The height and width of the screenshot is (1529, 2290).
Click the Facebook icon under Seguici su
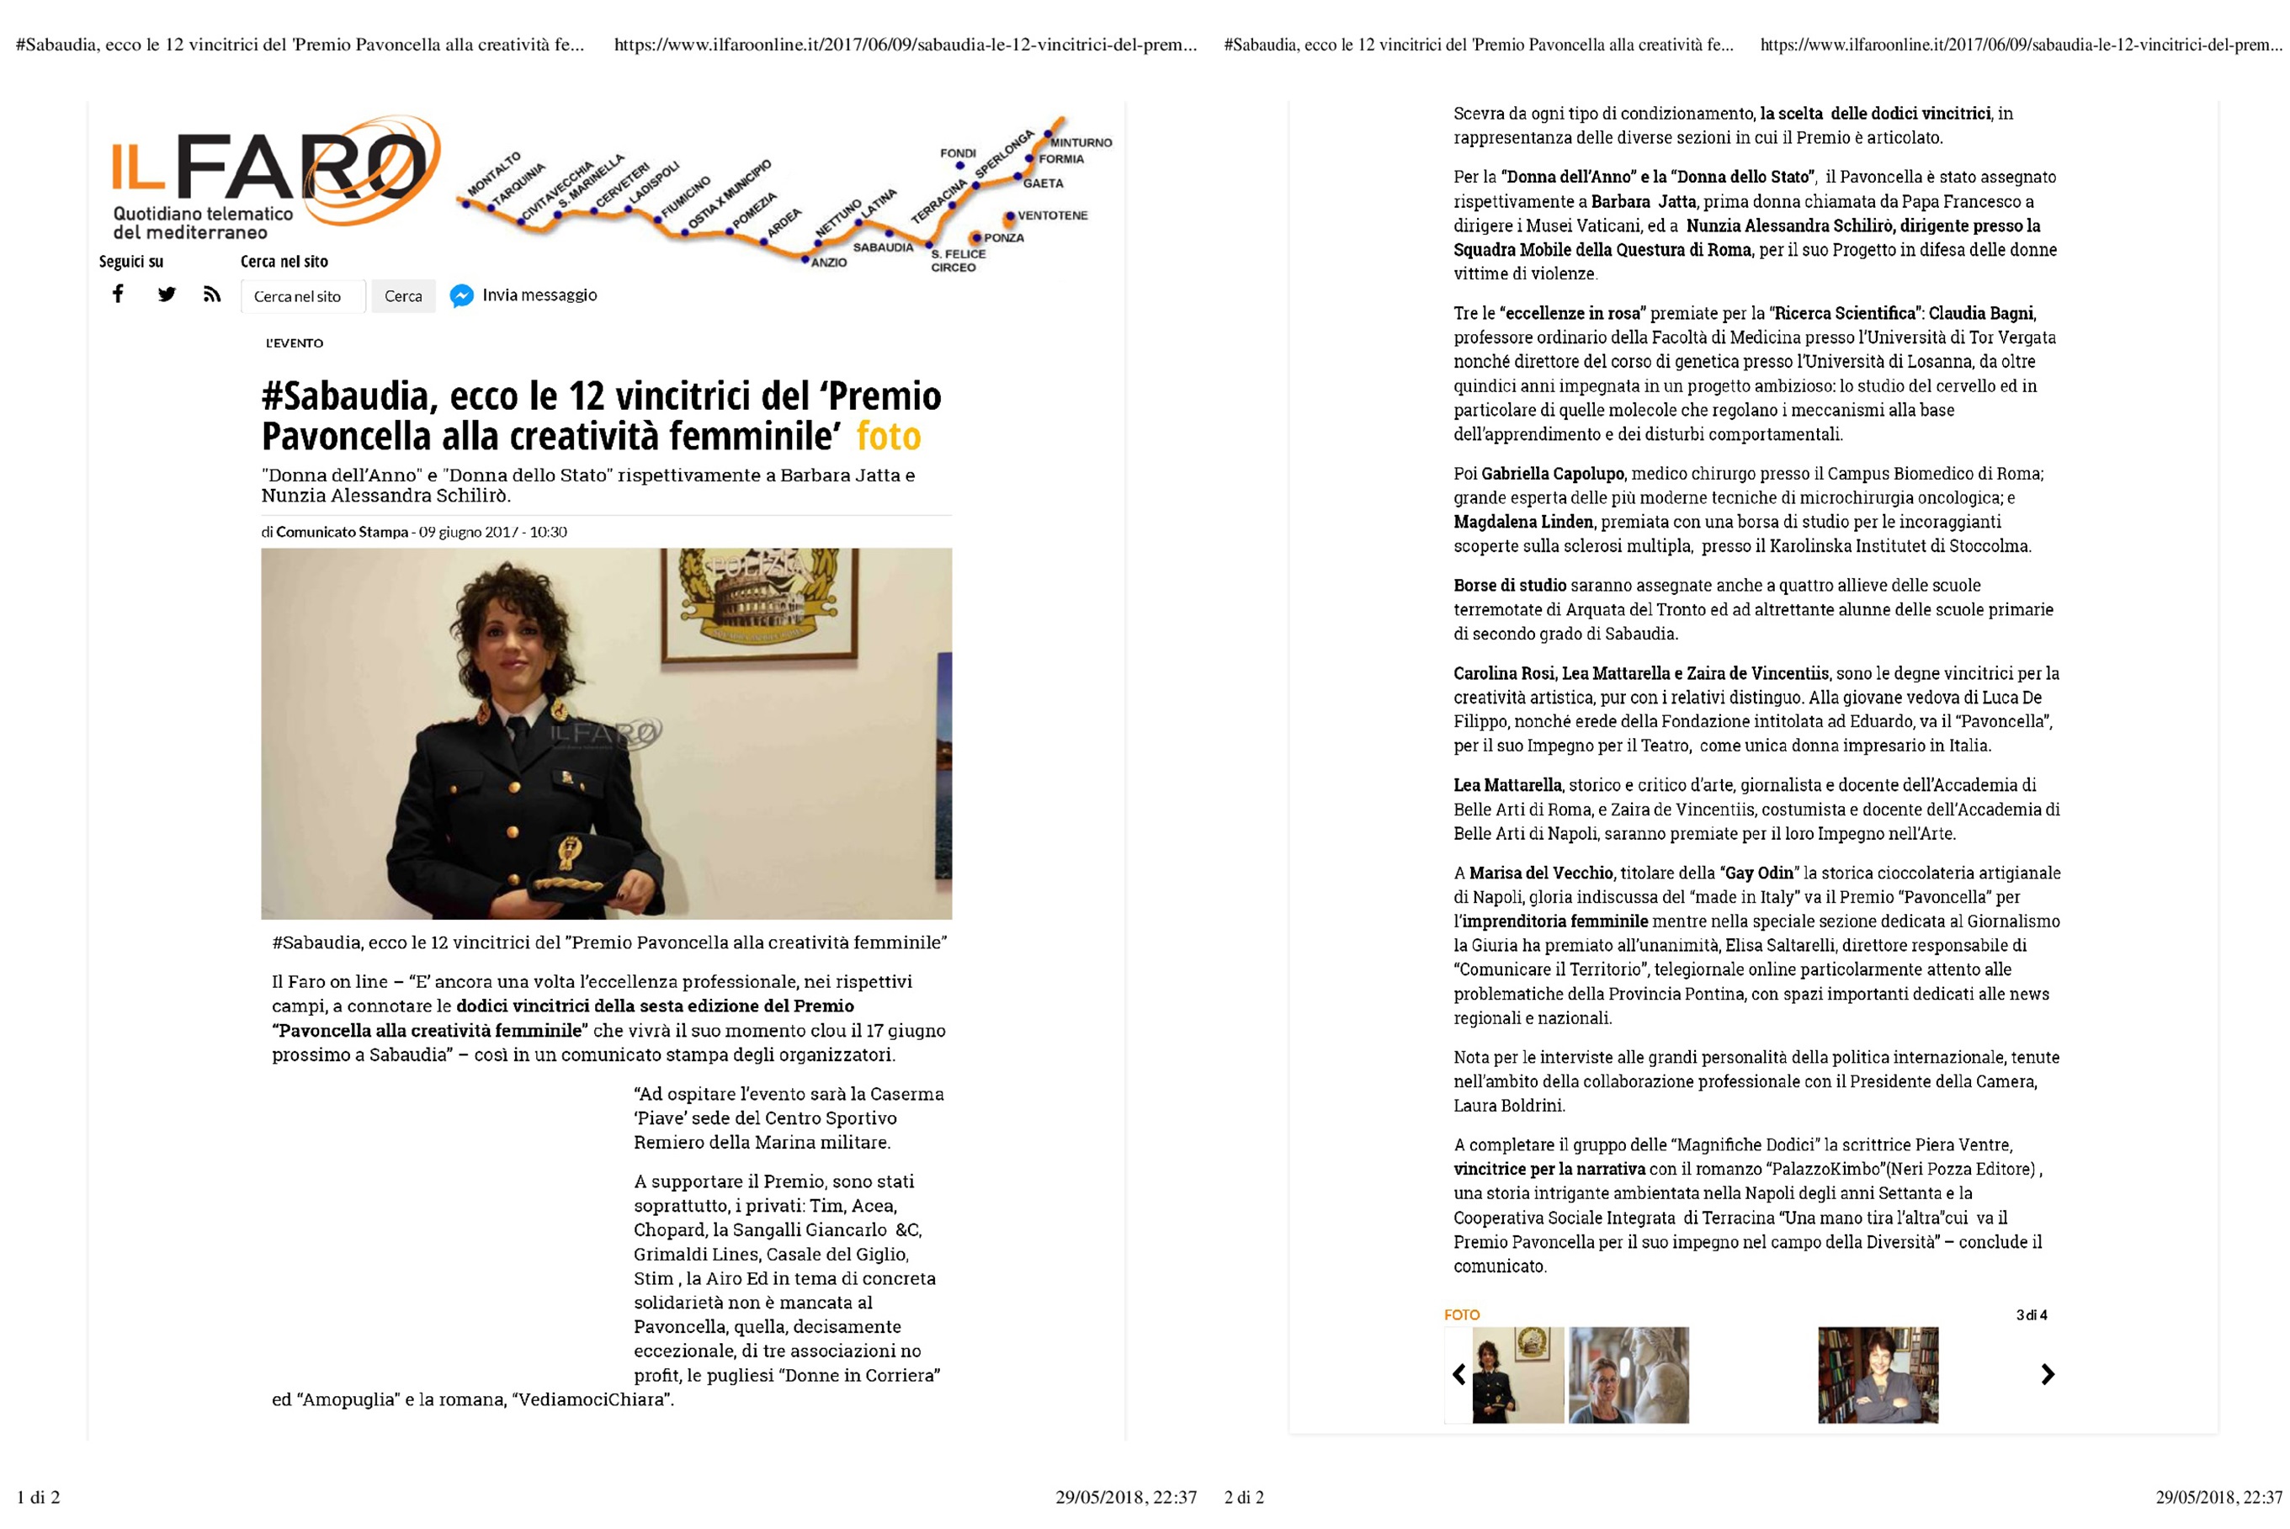click(118, 294)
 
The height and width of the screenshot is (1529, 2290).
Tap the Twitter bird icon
click(167, 294)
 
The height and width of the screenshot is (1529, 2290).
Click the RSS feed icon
click(211, 294)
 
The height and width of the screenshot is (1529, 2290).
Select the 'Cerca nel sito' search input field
click(302, 296)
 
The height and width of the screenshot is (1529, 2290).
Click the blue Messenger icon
click(461, 295)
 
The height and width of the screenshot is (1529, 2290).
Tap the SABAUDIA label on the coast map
click(883, 247)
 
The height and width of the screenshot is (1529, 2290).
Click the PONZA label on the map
click(1003, 238)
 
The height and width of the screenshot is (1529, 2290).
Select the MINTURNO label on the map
click(1081, 142)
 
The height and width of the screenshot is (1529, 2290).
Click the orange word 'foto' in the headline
click(888, 436)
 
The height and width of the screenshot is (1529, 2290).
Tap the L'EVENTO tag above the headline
click(295, 343)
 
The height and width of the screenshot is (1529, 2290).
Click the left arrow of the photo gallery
click(1459, 1374)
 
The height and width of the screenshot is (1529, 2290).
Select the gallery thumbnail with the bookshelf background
click(1878, 1374)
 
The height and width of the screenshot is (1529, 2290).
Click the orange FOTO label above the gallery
click(1461, 1314)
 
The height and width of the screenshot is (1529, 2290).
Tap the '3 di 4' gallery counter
click(2032, 1314)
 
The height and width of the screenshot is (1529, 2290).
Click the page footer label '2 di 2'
click(1244, 1497)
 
